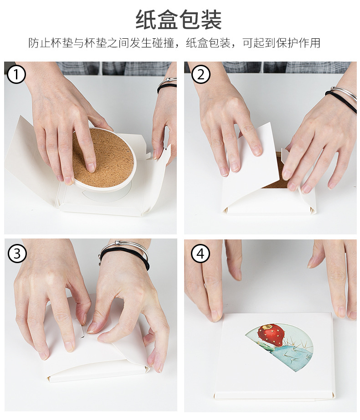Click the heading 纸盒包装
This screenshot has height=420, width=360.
(179, 20)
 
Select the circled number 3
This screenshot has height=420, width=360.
(17, 253)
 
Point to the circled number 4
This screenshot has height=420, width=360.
(201, 254)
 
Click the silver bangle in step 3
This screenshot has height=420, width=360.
(123, 247)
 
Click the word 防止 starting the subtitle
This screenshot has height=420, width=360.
(38, 43)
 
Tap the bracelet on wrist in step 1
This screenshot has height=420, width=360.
(167, 85)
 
